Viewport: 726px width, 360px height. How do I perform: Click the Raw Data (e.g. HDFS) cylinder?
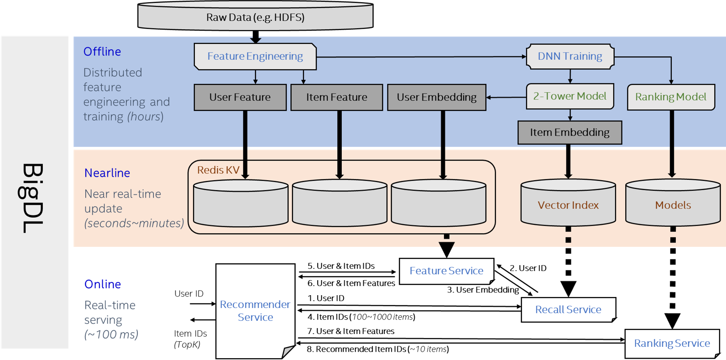255,17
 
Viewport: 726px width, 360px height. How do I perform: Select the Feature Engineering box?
255,57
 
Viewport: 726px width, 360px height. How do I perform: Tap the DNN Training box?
570,57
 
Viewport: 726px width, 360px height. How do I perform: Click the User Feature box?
240,97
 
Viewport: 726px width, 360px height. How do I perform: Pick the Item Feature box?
337,97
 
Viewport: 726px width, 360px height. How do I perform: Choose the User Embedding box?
437,97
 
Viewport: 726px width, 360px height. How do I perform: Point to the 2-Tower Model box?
570,96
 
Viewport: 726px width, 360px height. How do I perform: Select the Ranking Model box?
671,97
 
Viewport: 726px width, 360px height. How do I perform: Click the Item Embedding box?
569,132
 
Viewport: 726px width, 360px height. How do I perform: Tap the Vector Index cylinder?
568,205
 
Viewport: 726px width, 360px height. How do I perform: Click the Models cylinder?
673,205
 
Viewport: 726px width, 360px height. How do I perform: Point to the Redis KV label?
218,170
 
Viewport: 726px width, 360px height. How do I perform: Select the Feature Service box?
446,271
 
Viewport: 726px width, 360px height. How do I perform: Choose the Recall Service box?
568,310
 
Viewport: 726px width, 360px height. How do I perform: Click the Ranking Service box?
672,344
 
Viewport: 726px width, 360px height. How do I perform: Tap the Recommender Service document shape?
255,311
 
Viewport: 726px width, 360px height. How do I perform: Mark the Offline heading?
102,52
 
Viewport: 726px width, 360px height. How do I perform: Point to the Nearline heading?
107,173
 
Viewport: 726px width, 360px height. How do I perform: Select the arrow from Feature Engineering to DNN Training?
420,57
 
